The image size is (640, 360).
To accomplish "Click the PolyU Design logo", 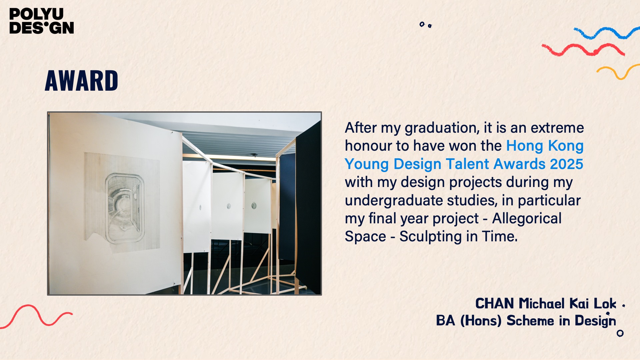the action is click(42, 21).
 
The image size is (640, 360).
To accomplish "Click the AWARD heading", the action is click(81, 81).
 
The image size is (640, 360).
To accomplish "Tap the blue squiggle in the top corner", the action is click(606, 33).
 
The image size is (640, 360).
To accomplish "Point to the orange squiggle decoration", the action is click(618, 72).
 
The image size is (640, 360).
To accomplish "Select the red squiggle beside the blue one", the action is click(583, 50).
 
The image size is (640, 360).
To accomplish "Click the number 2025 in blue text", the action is click(566, 164).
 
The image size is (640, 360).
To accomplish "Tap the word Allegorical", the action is click(527, 219).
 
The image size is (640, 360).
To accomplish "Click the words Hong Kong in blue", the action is click(545, 146).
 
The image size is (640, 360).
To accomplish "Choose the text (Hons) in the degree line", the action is click(481, 321).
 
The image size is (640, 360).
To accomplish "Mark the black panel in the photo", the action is click(308, 207).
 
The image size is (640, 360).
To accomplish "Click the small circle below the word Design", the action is click(620, 333).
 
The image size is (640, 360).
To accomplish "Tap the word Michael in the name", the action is click(542, 304).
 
